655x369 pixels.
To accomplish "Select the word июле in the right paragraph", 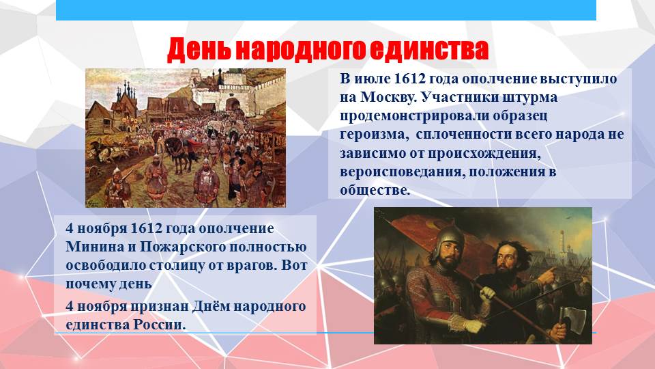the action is pyautogui.click(x=371, y=79).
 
